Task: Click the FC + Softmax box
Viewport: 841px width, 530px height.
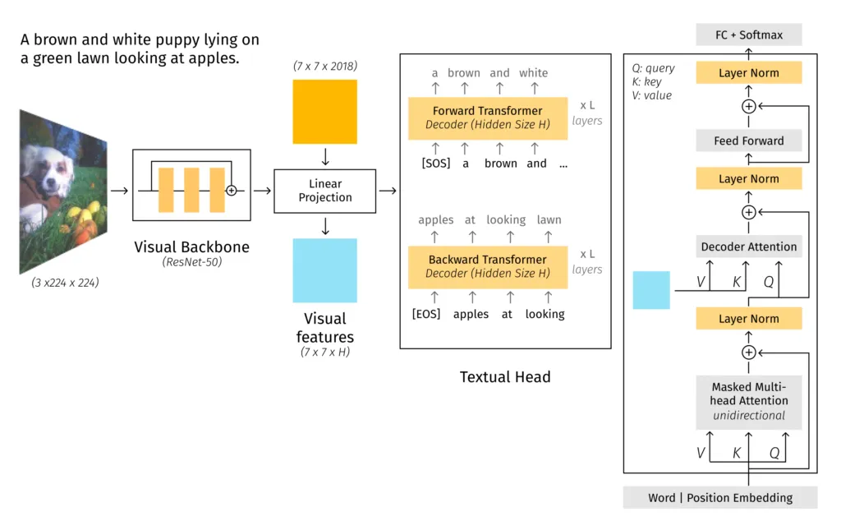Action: click(748, 35)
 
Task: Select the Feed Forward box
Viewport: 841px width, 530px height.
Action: click(748, 141)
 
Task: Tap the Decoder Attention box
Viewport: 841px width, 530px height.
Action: click(748, 247)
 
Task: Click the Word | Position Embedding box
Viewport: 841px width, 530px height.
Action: click(720, 497)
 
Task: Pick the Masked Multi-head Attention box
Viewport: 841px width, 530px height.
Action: click(748, 401)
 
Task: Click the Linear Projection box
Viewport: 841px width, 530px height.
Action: click(324, 191)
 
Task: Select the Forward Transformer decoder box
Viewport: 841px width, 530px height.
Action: click(487, 118)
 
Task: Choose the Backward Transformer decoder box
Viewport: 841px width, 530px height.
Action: click(487, 266)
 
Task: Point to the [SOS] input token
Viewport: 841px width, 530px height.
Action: click(436, 164)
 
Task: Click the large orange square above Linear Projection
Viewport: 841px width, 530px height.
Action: click(324, 112)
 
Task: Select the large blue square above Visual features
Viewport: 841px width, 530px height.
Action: click(324, 270)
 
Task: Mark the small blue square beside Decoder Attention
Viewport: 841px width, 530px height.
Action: click(650, 290)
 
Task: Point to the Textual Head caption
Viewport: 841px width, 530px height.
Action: click(504, 377)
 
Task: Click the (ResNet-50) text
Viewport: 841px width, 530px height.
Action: click(191, 263)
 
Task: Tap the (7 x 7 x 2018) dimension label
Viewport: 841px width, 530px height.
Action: click(324, 66)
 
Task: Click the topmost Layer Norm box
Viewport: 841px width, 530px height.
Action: click(748, 73)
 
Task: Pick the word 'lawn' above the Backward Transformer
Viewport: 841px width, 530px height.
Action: click(549, 219)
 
